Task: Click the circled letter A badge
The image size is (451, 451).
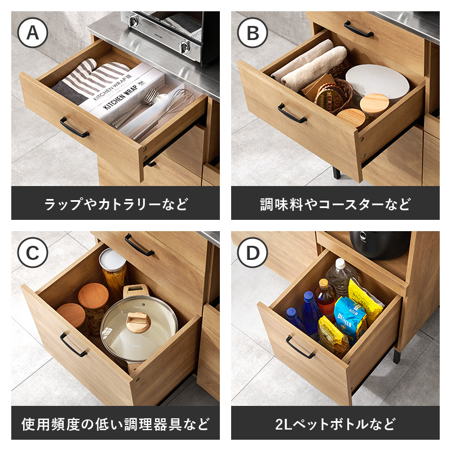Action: pos(33,33)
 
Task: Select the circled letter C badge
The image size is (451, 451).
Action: pos(33,253)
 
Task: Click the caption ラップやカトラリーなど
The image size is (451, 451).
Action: pos(116,203)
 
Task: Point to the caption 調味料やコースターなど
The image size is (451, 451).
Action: pos(335,203)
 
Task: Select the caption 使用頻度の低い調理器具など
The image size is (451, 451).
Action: pos(116,423)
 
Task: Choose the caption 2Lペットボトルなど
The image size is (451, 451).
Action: pos(335,423)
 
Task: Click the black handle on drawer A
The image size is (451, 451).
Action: pos(74,127)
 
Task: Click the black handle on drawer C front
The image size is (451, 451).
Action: pos(73,344)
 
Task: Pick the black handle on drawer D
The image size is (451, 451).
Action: pos(300,347)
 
